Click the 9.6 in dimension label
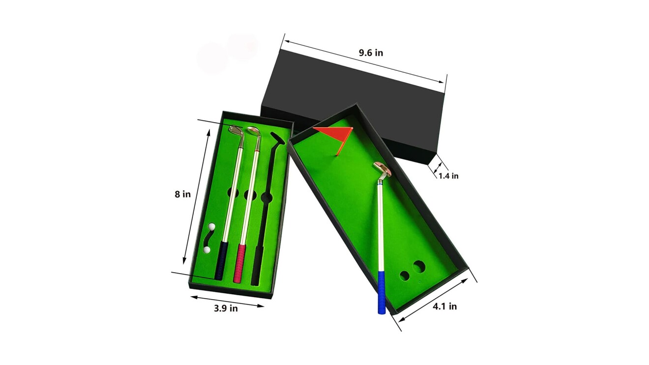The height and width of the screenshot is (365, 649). (x=371, y=53)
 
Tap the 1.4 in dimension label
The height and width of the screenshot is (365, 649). (x=448, y=176)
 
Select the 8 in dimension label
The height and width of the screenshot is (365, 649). (x=182, y=194)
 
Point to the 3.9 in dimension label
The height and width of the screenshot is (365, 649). (x=226, y=309)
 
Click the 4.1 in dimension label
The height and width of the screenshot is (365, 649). (x=445, y=306)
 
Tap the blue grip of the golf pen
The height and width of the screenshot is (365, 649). (x=382, y=292)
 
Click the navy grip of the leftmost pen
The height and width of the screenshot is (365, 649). (x=221, y=260)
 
